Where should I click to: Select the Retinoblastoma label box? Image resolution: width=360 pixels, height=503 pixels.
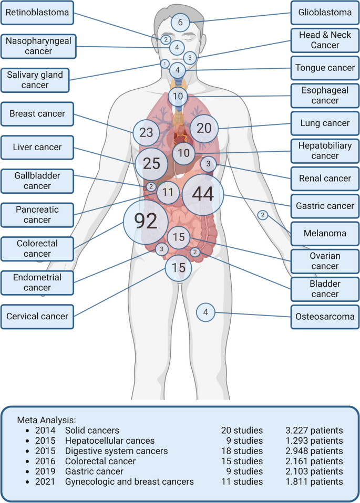[37, 12]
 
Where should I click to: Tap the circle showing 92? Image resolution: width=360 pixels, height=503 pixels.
[146, 223]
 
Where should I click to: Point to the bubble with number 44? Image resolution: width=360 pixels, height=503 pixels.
[203, 194]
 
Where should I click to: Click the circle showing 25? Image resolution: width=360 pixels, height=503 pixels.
[152, 163]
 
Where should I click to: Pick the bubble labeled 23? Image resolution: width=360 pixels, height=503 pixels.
[146, 132]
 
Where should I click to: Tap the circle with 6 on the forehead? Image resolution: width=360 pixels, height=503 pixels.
[180, 23]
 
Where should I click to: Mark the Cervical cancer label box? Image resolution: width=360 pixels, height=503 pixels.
[37, 317]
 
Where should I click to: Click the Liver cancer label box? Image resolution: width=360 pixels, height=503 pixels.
[37, 148]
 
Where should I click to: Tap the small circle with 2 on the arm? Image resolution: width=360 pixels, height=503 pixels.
[263, 215]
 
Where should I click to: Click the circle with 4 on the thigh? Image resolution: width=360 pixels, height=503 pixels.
[205, 313]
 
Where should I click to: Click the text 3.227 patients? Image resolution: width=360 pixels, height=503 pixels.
[314, 431]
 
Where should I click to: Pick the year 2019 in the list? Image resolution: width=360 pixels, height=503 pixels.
[45, 471]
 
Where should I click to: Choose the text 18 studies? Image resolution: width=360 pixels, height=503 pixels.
[242, 451]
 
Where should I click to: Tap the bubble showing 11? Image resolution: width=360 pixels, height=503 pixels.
[168, 192]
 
